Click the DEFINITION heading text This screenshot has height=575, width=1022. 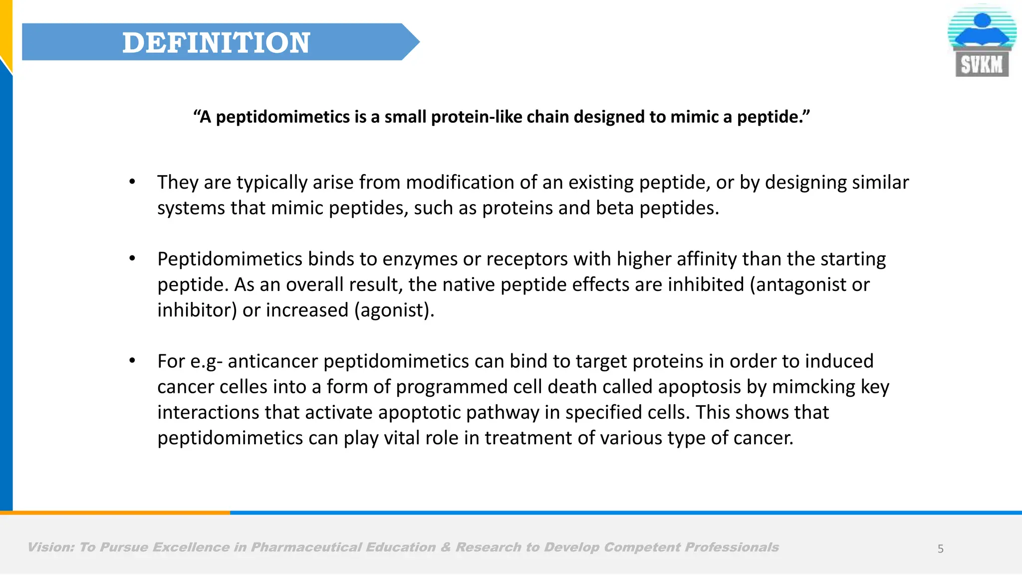[216, 42]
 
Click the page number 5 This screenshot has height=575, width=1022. [940, 549]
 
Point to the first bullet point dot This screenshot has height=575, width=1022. [132, 182]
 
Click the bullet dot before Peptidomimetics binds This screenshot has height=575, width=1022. [132, 259]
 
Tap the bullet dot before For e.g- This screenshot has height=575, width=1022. [132, 361]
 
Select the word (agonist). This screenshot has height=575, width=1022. [394, 310]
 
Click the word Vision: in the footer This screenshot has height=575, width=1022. [50, 548]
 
